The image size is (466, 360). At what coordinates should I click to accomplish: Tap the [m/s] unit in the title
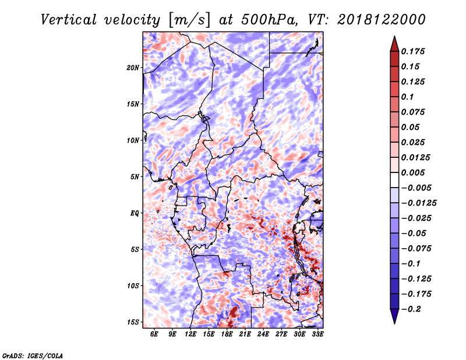pyautogui.click(x=188, y=19)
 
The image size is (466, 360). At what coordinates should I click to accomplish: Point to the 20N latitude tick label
pyautogui.click(x=133, y=68)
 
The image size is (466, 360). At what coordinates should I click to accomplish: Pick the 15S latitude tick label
pyautogui.click(x=133, y=322)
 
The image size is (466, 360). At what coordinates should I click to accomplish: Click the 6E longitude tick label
pyautogui.click(x=154, y=334)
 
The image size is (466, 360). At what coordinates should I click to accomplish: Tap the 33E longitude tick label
pyautogui.click(x=317, y=334)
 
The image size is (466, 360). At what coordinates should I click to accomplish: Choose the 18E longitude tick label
pyautogui.click(x=227, y=334)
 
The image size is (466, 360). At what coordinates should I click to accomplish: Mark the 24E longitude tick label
pyautogui.click(x=263, y=334)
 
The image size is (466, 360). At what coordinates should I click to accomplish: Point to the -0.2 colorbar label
pyautogui.click(x=411, y=309)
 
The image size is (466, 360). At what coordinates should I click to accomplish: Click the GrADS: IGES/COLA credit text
pyautogui.click(x=32, y=355)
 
